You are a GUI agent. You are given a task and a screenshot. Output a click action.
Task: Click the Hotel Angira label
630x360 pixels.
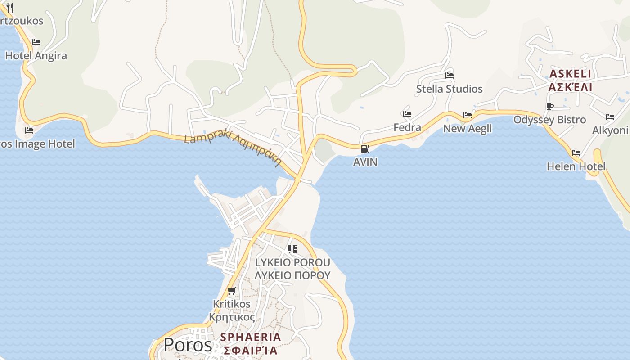36,56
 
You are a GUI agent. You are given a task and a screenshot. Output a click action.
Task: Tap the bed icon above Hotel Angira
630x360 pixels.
36,42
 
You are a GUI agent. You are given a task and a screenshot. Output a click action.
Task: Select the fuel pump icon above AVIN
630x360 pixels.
365,149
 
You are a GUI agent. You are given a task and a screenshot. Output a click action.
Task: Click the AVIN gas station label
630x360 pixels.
365,162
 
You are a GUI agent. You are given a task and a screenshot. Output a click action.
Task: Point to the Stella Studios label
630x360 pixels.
449,89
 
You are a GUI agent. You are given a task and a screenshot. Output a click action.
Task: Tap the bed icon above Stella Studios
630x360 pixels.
449,75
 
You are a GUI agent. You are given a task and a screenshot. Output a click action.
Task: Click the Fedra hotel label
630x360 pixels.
407,127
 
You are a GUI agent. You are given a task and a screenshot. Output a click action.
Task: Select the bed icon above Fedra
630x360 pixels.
407,114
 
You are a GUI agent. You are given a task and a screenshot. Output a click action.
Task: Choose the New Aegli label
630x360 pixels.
468,129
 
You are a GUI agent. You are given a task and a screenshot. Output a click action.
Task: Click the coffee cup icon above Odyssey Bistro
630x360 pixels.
549,107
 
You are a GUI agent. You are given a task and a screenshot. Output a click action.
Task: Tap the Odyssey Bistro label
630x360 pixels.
549,120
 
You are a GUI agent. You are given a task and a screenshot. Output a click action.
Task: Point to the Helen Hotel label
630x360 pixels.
576,166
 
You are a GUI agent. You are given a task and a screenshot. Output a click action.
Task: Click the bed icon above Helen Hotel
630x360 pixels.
576,153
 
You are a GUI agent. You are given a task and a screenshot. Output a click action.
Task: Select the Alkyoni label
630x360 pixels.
610,130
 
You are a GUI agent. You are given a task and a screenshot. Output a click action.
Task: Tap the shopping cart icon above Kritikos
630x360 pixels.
232,291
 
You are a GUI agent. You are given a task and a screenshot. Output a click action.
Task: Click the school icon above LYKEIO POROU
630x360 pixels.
292,249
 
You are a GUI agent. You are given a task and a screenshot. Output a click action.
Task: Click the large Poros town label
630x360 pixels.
188,345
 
